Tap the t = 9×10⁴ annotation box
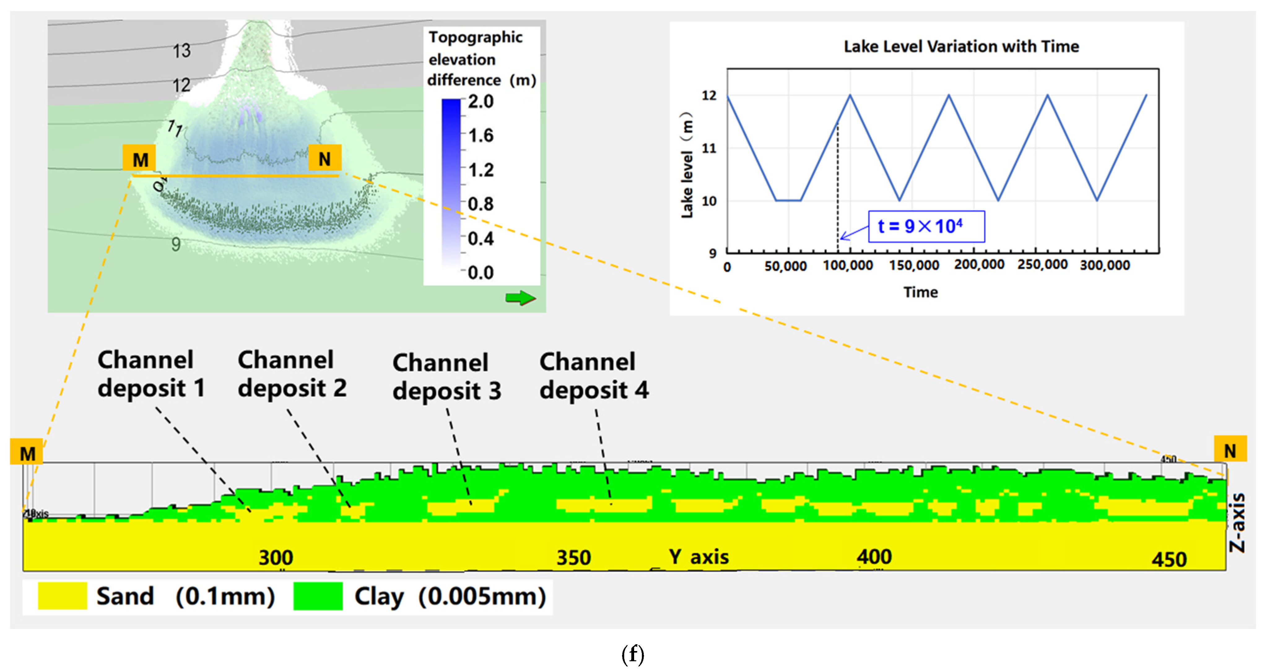tap(926, 226)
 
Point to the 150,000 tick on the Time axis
tap(914, 265)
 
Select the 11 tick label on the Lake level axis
tap(709, 148)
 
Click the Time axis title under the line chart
tap(920, 292)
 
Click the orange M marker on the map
tap(140, 159)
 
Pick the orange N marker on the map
tap(324, 159)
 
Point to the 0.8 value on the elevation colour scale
tap(481, 204)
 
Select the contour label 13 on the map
tap(181, 51)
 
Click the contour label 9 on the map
tap(176, 244)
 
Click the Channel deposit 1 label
tap(150, 374)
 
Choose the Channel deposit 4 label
tap(594, 376)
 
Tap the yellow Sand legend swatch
tap(63, 596)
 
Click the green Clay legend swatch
tap(318, 596)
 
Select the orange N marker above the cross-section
tap(1230, 450)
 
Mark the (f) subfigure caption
tap(633, 654)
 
